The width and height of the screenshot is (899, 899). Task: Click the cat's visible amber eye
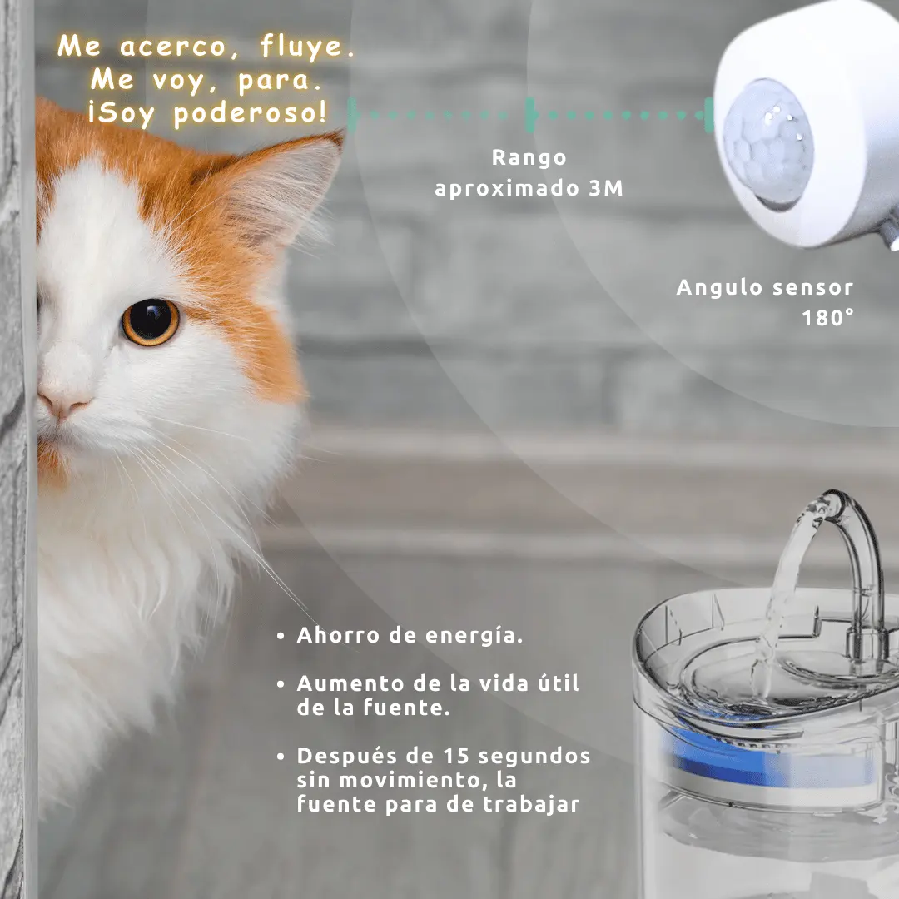click(x=150, y=321)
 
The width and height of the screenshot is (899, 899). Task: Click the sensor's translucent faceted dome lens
click(x=768, y=143)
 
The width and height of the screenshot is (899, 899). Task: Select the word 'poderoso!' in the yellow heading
click(x=251, y=112)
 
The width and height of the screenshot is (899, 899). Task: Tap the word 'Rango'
click(x=529, y=158)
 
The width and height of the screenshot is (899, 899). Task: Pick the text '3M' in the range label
click(x=605, y=188)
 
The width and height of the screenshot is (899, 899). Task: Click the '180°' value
click(x=827, y=318)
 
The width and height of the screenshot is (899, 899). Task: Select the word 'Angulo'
click(x=719, y=288)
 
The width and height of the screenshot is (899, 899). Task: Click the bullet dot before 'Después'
click(x=281, y=757)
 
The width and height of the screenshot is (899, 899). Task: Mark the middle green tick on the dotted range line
click(x=530, y=115)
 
